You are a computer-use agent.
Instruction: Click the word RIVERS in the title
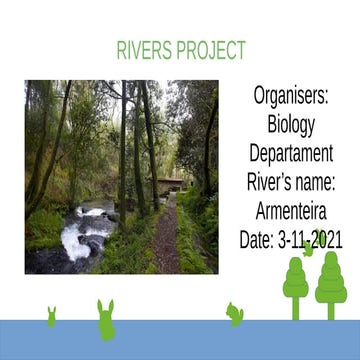click(x=146, y=51)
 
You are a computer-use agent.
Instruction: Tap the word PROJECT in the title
click(x=211, y=51)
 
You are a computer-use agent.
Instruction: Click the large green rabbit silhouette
click(x=106, y=320)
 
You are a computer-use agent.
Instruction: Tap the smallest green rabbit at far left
click(x=51, y=316)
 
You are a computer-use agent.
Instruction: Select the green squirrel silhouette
click(x=235, y=313)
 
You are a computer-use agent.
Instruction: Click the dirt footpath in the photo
click(x=166, y=245)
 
